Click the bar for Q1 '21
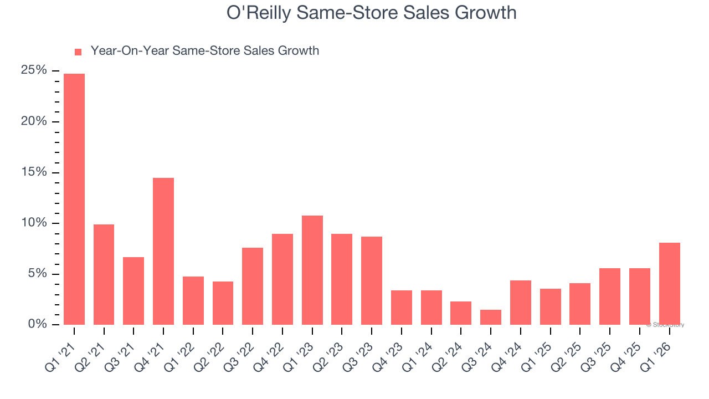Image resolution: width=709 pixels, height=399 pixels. pos(74,199)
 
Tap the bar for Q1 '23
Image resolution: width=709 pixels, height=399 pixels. pos(312,270)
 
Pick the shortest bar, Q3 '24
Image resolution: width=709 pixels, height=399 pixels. pos(491,317)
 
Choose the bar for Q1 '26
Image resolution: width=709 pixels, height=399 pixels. pos(670,284)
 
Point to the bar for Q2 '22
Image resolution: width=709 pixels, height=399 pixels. pos(223,303)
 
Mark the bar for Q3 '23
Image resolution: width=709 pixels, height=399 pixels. pos(372,280)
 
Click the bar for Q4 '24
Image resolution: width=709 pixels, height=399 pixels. pos(521,303)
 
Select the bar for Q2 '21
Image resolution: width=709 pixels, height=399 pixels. pos(104,274)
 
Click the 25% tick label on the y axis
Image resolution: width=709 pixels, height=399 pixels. pos(34,70)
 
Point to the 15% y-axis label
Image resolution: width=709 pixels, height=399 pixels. pos(34,172)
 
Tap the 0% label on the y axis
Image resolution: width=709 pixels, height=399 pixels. pos(37,324)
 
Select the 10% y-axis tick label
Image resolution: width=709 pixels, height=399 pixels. pos(34,223)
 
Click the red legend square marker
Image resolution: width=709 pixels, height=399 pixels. pos(78,52)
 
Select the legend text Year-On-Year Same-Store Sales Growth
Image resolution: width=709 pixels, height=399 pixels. pos(204,51)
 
